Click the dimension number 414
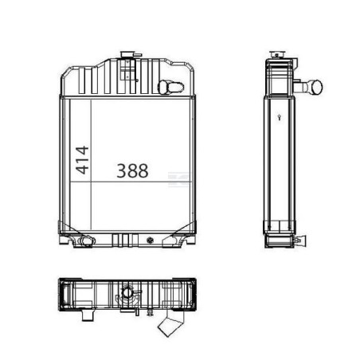point(82,160)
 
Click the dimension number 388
point(132,170)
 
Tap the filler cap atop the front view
point(127,55)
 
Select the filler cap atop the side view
point(276,55)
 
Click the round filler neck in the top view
point(127,292)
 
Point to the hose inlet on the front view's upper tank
point(170,87)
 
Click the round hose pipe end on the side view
point(316,87)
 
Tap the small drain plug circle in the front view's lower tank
point(150,241)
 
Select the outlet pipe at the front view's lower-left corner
point(87,241)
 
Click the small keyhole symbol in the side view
point(279,117)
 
